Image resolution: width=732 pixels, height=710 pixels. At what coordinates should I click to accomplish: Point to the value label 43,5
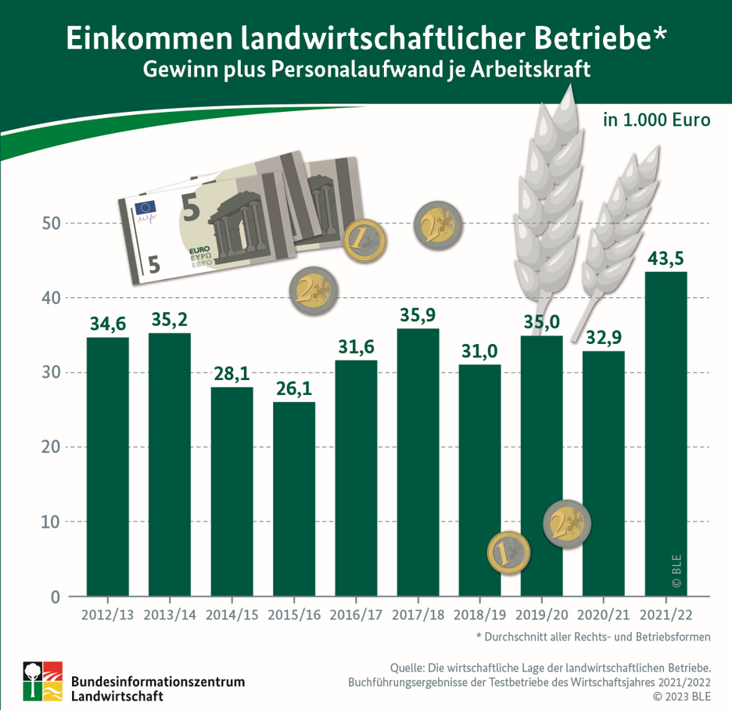pyautogui.click(x=665, y=257)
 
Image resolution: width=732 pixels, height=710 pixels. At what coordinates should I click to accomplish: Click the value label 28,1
pyautogui.click(x=231, y=373)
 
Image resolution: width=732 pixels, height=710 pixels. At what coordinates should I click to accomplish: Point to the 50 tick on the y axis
pyautogui.click(x=51, y=224)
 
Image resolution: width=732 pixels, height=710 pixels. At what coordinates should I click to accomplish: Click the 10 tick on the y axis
pyautogui.click(x=51, y=522)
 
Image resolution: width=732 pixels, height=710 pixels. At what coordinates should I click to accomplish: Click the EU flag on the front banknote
pyautogui.click(x=145, y=208)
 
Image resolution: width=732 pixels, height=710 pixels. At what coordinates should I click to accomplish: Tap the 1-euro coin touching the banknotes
pyautogui.click(x=364, y=240)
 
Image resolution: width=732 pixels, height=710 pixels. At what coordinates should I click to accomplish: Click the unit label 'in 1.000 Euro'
pyautogui.click(x=656, y=121)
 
